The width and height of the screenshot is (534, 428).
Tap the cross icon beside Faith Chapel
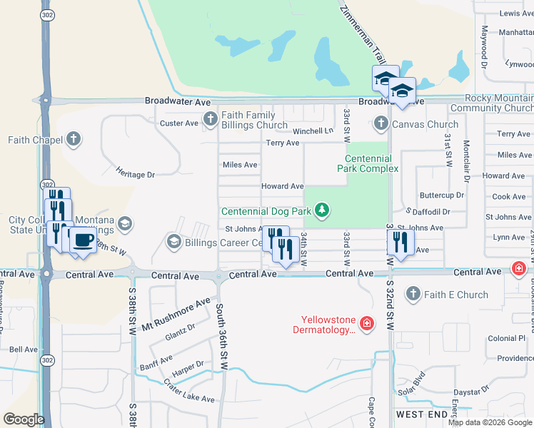[x=74, y=140]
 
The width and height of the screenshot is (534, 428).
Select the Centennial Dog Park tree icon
[x=323, y=210]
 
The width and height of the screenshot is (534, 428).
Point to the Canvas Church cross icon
[x=381, y=124]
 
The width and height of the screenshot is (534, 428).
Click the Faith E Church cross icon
[x=413, y=294]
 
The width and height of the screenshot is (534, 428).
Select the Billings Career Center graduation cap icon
[x=173, y=243]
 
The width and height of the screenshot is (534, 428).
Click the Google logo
[x=24, y=419]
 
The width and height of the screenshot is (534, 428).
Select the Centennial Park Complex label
[x=368, y=163]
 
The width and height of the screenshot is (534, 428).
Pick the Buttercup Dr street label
[x=442, y=195]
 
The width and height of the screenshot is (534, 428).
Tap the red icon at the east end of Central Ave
[x=520, y=269]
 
